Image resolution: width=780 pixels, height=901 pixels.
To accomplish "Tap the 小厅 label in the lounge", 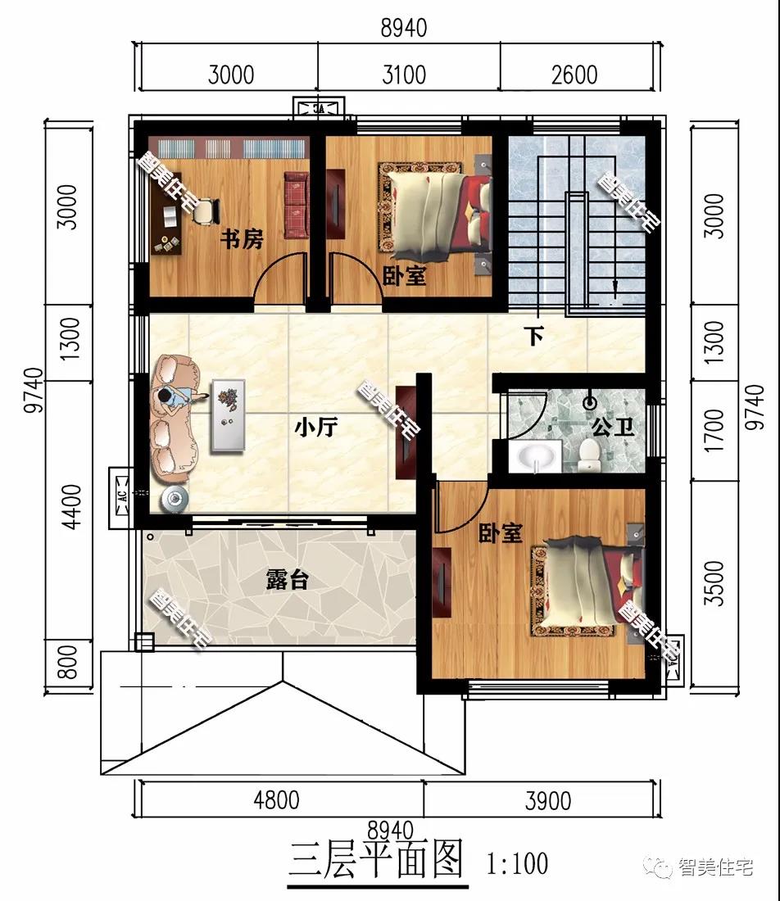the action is pyautogui.click(x=316, y=427).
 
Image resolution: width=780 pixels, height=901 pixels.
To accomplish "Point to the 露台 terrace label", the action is pyautogui.click(x=288, y=579).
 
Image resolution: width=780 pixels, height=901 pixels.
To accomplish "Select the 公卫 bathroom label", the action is pyautogui.click(x=613, y=427).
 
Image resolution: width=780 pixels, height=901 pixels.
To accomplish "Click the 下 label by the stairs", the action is pyautogui.click(x=534, y=336).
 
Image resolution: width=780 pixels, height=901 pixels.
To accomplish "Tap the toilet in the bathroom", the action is pyautogui.click(x=589, y=454).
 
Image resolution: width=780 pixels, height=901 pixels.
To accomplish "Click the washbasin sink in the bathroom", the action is pyautogui.click(x=536, y=456).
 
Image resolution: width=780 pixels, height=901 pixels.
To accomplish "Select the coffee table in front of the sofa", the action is pyautogui.click(x=229, y=415).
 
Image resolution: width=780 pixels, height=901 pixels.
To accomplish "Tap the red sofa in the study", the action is pyautogui.click(x=297, y=205).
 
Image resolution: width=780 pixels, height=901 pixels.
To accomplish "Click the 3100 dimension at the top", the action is pyautogui.click(x=404, y=75).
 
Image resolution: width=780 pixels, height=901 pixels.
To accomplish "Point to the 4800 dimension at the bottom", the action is pyautogui.click(x=276, y=800).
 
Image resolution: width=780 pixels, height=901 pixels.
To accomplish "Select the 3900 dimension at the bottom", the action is pyautogui.click(x=548, y=800).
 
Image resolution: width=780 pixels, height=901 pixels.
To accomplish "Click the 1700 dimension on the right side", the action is pyautogui.click(x=714, y=430).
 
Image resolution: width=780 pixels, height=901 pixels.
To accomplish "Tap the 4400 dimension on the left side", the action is pyautogui.click(x=72, y=507).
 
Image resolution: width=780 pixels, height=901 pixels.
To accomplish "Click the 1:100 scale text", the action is pyautogui.click(x=517, y=863).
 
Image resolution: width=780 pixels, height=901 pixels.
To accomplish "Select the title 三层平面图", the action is pyautogui.click(x=376, y=861).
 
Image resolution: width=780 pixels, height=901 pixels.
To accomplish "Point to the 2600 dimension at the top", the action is pyautogui.click(x=574, y=75).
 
